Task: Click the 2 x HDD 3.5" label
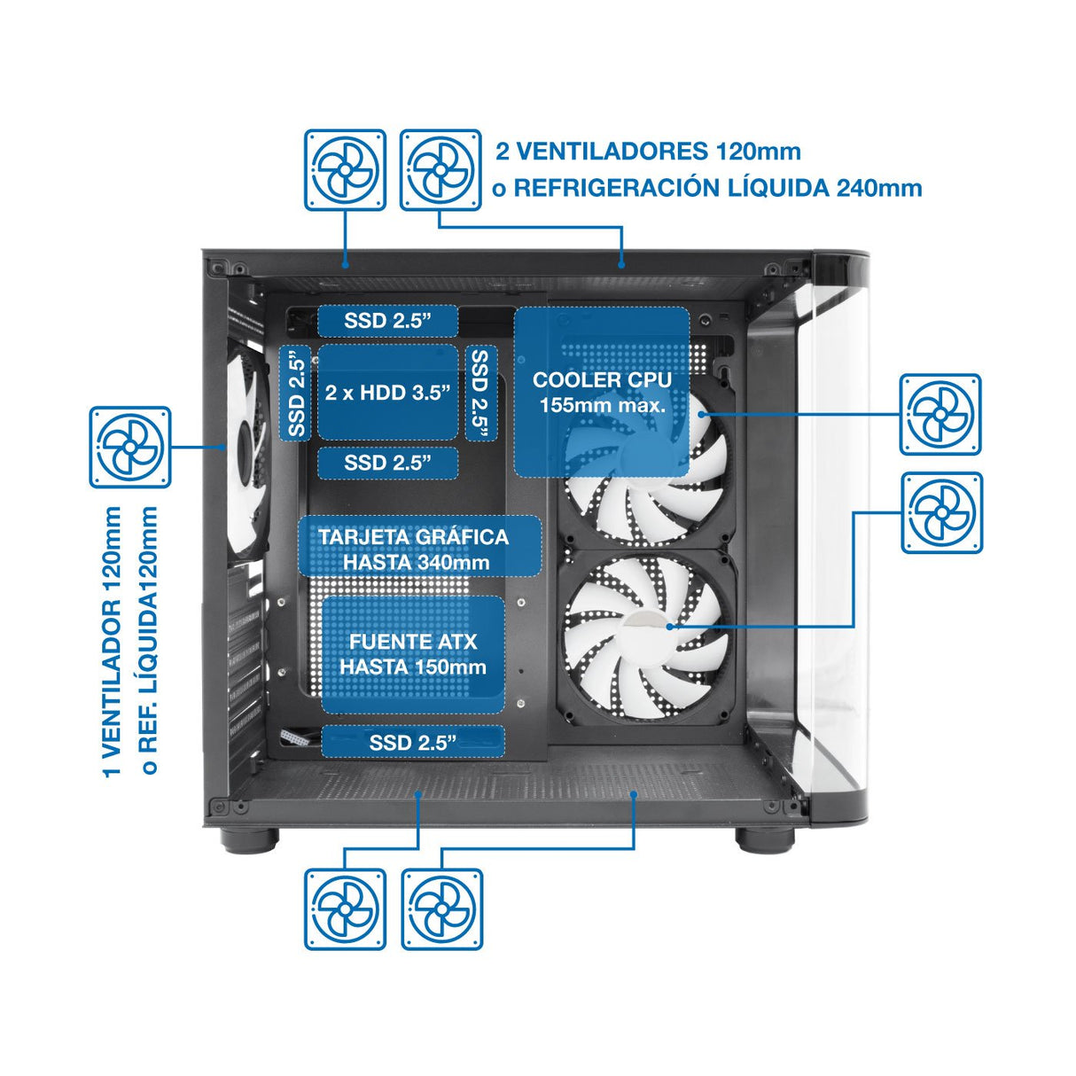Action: tap(387, 393)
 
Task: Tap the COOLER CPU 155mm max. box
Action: tap(602, 392)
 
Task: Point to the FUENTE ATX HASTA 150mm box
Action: tap(412, 654)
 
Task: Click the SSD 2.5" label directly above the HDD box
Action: tap(387, 320)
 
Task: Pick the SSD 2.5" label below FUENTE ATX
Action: tap(412, 742)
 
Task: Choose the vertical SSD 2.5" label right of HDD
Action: tap(480, 393)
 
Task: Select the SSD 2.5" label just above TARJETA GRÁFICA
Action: tap(387, 463)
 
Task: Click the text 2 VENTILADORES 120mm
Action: tap(648, 151)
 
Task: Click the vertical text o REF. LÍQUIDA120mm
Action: tap(149, 640)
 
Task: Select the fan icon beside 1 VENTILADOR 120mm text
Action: tap(129, 447)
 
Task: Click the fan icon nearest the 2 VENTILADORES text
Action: tap(441, 170)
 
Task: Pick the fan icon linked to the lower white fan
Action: tap(941, 512)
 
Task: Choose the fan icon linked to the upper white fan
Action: tap(940, 414)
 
